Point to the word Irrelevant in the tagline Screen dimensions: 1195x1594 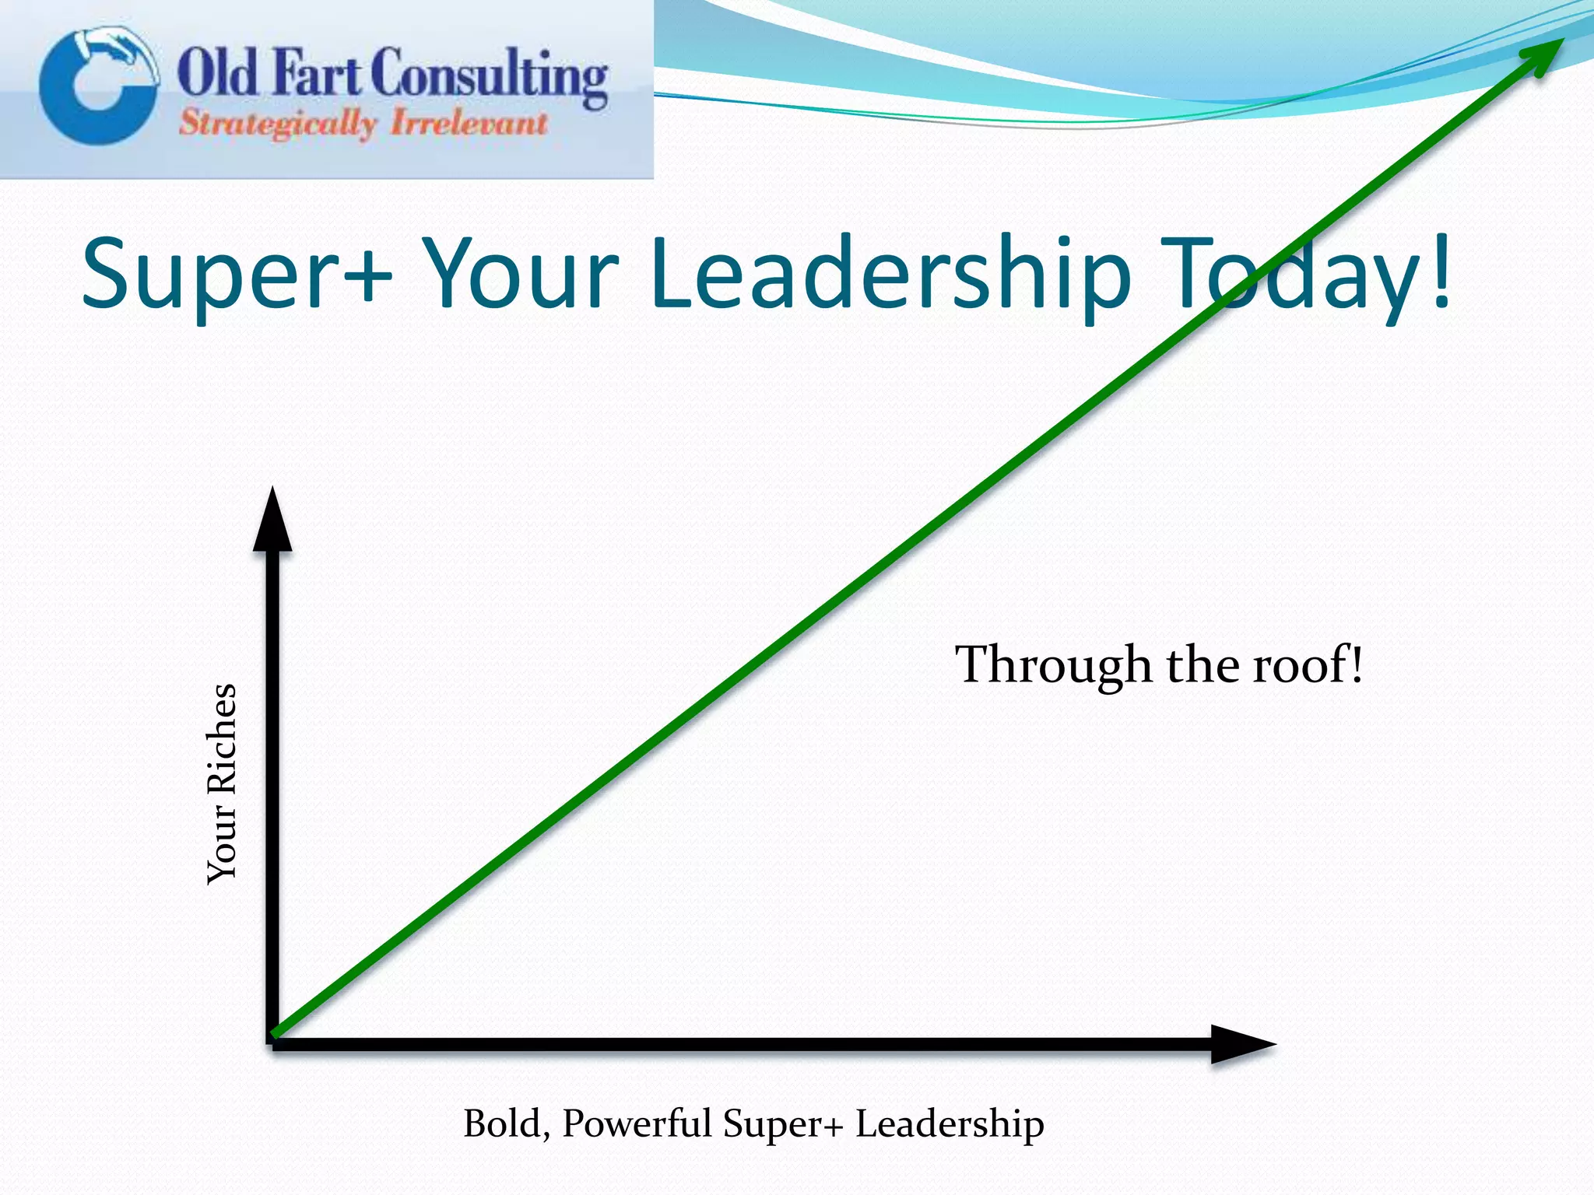click(x=469, y=124)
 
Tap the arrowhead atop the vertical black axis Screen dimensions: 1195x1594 click(x=272, y=521)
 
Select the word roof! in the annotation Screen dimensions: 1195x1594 click(x=1308, y=665)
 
